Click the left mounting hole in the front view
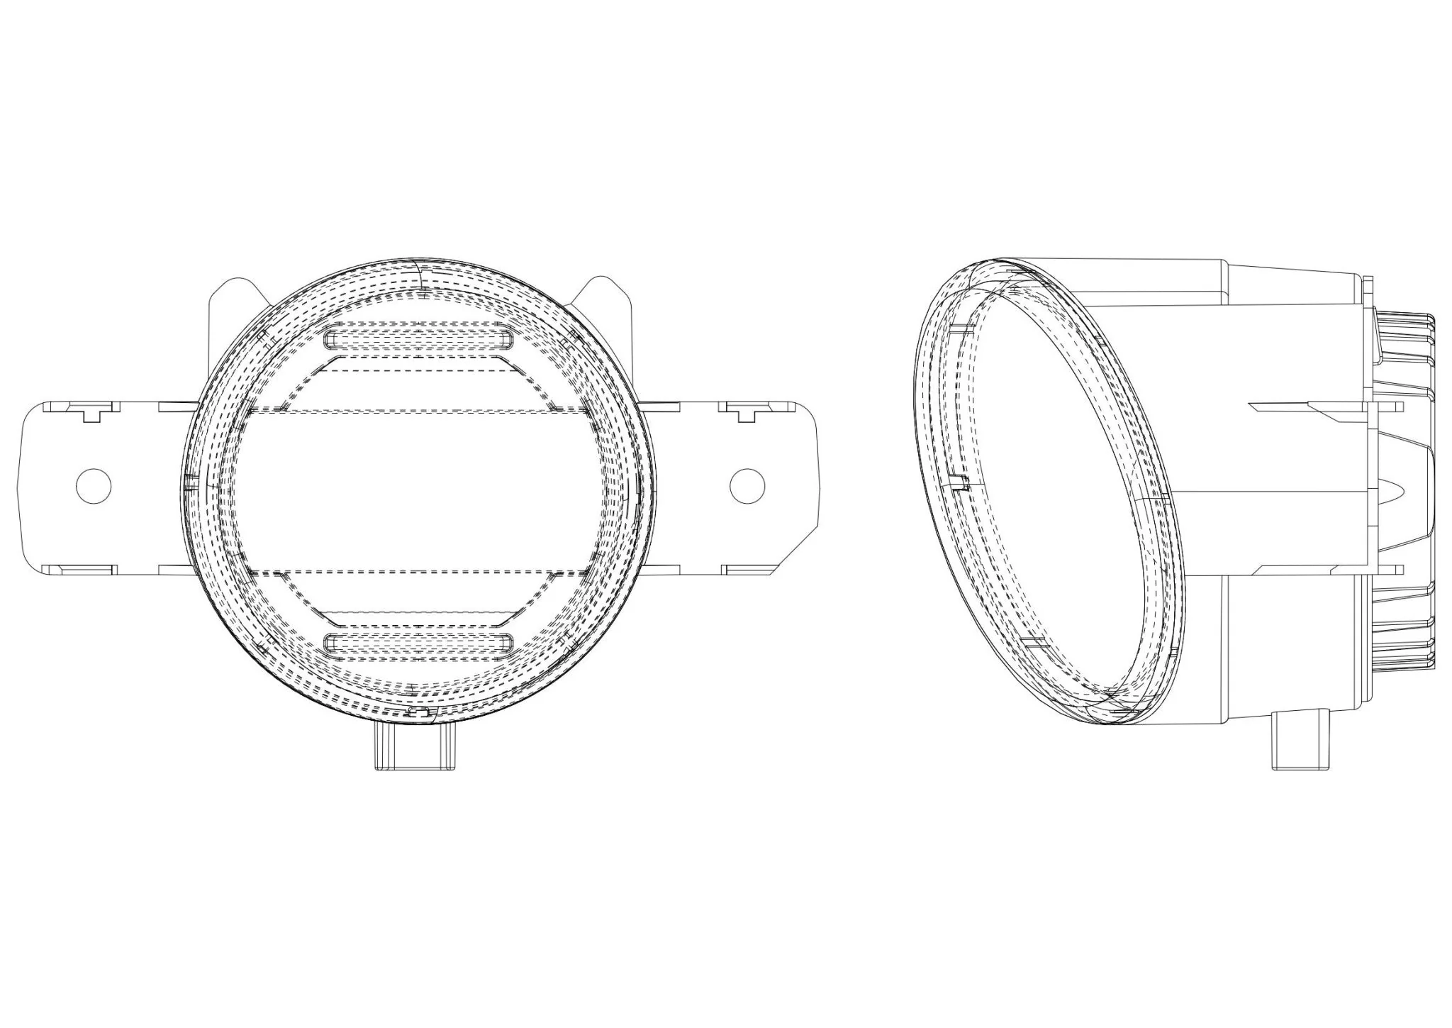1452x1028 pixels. (x=94, y=486)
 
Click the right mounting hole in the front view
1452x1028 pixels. (x=748, y=486)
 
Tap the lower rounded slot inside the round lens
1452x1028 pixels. (x=418, y=643)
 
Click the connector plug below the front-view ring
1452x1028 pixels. (x=415, y=745)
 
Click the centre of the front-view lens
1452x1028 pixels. (x=418, y=490)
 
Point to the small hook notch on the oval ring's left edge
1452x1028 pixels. (x=960, y=484)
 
